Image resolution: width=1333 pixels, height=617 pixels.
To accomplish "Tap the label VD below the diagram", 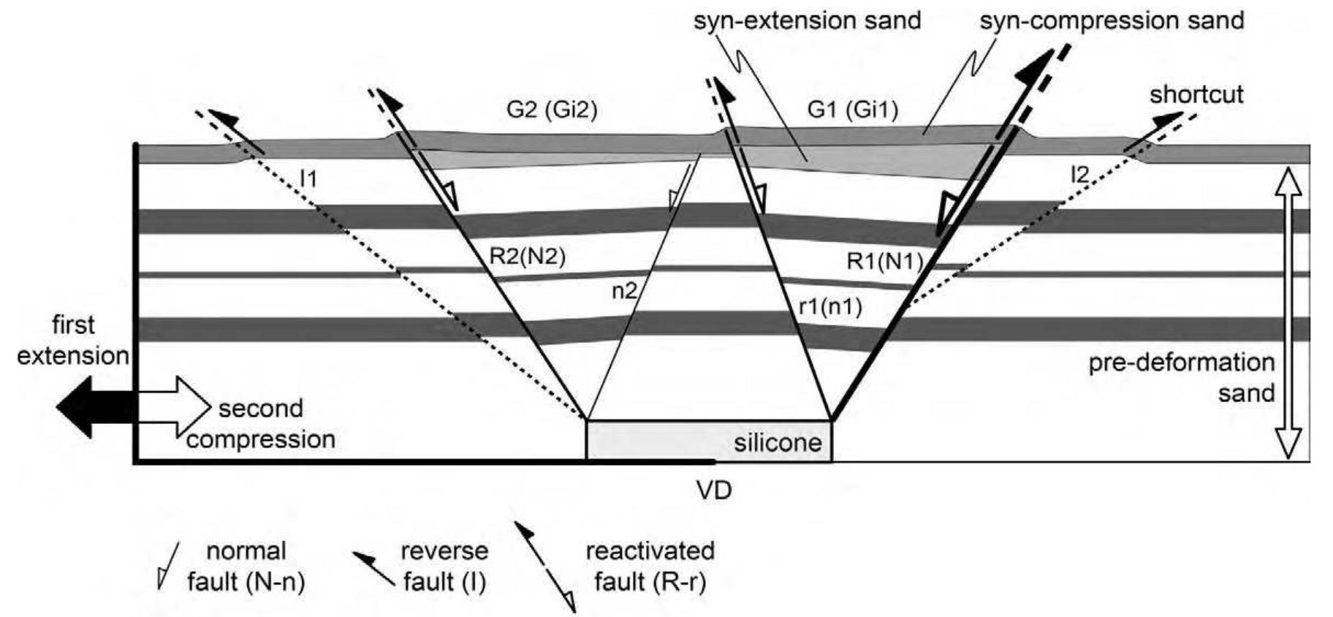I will [x=713, y=490].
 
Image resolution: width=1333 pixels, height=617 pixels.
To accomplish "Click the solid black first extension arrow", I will [x=88, y=407].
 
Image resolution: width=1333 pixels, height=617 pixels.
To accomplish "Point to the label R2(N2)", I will [x=527, y=257].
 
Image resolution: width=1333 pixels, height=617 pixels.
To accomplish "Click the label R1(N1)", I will [x=884, y=261].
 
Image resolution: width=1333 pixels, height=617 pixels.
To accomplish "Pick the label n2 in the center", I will [x=624, y=291].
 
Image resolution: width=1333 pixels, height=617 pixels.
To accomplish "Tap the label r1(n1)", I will [x=829, y=306].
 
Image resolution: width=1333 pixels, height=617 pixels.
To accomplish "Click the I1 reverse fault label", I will [x=308, y=178].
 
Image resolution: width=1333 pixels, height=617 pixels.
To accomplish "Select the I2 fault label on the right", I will [x=1079, y=174].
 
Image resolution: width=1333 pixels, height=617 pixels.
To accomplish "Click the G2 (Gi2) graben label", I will [x=551, y=110].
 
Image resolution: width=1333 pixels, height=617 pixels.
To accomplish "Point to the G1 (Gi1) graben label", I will [x=852, y=110].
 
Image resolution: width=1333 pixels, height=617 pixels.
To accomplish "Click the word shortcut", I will [x=1196, y=94].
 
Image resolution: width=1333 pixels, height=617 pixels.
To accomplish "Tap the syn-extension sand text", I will [x=807, y=20].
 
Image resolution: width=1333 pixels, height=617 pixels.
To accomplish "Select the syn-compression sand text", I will [x=1112, y=20].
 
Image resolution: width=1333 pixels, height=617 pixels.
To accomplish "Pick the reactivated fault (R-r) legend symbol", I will [x=544, y=567].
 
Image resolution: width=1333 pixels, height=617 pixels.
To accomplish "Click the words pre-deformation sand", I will [x=1181, y=378].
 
